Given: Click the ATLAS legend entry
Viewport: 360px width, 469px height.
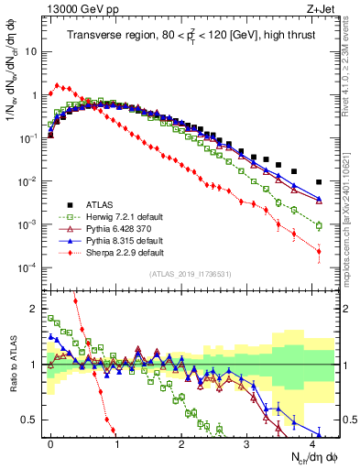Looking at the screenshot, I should click(96, 203).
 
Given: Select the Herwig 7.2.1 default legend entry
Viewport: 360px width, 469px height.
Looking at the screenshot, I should click(119, 215).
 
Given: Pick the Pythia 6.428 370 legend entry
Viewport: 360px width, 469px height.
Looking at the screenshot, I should click(116, 227).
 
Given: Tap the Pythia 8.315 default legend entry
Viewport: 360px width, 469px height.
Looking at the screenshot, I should click(119, 239).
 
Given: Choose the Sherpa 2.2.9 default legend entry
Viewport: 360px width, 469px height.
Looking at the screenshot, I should click(119, 251).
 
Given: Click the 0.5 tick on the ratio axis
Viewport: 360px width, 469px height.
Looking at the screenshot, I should click(35, 420).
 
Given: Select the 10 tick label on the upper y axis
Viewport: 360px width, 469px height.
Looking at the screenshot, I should click(31, 51).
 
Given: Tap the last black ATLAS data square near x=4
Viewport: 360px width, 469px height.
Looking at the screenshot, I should click(319, 182).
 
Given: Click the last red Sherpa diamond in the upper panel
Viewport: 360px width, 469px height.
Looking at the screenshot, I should click(319, 251).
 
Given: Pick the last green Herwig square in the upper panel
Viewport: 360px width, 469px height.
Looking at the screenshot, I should click(319, 225).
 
